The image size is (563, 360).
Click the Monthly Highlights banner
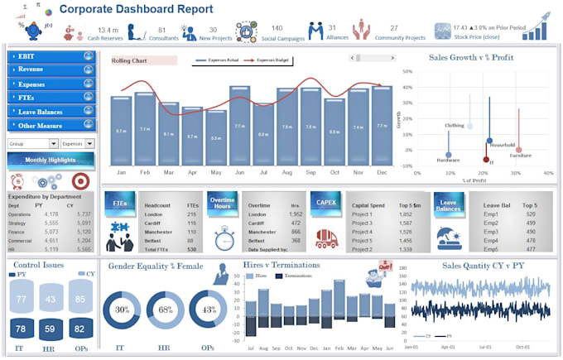pyautogui.click(x=50, y=160)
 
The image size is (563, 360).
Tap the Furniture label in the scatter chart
pyautogui.click(x=521, y=155)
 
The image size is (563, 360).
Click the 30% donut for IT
pyautogui.click(x=122, y=310)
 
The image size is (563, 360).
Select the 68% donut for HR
pyautogui.click(x=165, y=310)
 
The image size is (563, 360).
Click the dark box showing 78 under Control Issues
pyautogui.click(x=22, y=329)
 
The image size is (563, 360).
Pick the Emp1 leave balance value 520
pyautogui.click(x=530, y=214)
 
